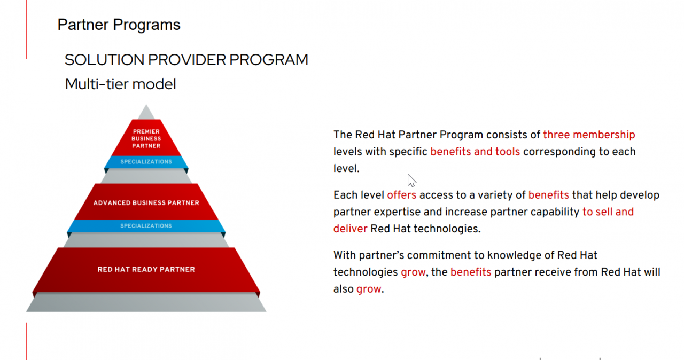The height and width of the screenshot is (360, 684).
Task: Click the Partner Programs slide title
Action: [119, 25]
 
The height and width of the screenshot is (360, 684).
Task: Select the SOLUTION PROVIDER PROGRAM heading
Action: [186, 59]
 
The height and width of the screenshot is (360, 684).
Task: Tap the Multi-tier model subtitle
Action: [120, 84]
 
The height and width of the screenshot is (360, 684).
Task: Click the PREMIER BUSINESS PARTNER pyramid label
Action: [146, 138]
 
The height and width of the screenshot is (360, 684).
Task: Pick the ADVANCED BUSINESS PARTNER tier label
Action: [146, 203]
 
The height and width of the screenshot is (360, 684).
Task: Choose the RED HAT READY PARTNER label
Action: [146, 269]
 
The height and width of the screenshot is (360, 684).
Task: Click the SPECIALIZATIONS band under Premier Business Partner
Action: [146, 162]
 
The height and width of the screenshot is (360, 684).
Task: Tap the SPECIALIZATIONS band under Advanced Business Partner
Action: [146, 226]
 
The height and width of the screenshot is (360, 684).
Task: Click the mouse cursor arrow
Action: [411, 181]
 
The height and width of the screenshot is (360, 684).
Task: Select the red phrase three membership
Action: [589, 135]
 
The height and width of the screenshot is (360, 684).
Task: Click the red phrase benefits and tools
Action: [475, 152]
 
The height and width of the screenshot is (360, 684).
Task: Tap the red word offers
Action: [401, 195]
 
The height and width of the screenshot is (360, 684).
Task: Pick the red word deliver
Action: [350, 229]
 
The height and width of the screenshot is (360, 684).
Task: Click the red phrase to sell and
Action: [608, 212]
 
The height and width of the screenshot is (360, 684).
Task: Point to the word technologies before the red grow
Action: [366, 272]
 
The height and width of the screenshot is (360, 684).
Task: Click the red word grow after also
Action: [369, 289]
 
